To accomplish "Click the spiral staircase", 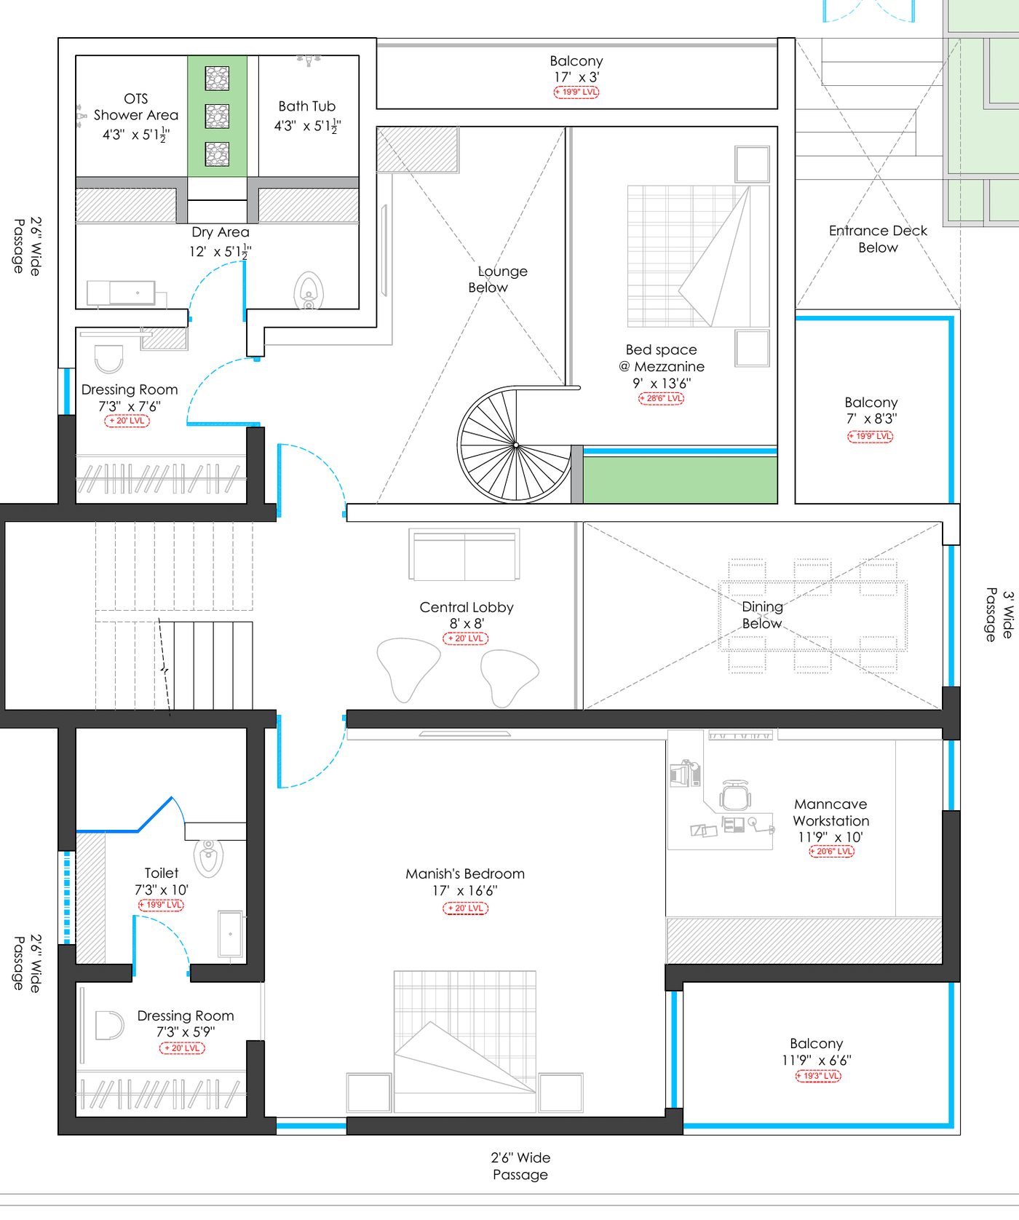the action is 515,444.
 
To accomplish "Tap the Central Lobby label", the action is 467,607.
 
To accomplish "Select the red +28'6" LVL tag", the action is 662,398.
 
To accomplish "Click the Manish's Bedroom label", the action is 465,874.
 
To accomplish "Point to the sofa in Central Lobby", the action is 464,555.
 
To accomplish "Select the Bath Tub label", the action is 307,106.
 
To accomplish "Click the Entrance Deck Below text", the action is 878,239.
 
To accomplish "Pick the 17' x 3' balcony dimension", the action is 576,77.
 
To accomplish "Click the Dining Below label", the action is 762,615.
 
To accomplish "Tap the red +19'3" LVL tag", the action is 818,1076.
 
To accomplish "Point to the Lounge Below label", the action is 498,279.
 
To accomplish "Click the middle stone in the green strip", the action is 217,116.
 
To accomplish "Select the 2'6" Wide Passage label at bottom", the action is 520,1165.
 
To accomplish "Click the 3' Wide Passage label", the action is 999,615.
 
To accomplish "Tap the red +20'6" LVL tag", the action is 831,851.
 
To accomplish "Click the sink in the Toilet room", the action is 231,934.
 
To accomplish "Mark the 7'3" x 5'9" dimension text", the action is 186,1032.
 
